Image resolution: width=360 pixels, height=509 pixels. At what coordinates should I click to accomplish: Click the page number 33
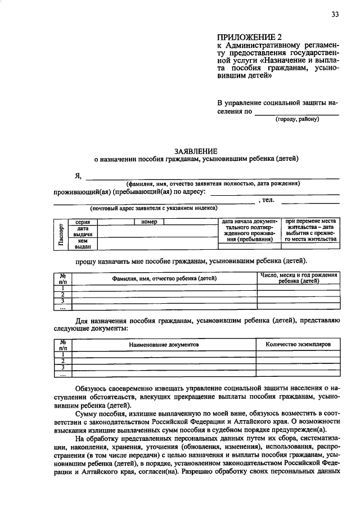[335, 15]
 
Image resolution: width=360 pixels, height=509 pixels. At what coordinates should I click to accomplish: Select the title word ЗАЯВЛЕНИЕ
[195, 151]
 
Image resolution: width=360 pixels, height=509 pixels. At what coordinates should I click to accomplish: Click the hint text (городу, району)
[296, 119]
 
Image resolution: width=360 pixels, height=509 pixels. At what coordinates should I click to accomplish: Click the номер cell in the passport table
[148, 222]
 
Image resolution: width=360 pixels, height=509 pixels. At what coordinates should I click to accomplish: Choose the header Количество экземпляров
[298, 344]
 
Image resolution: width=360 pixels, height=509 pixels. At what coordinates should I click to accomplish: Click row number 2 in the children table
[63, 295]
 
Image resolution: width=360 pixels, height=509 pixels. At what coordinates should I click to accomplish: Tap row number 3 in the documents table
[63, 367]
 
